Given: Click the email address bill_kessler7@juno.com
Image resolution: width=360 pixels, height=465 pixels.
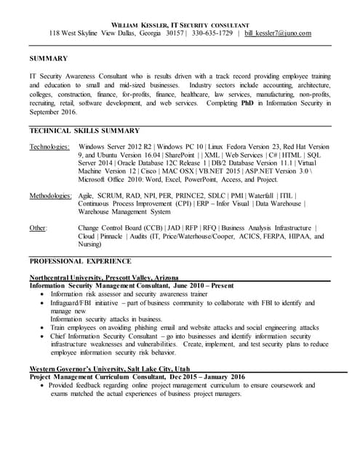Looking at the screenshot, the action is point(277,33).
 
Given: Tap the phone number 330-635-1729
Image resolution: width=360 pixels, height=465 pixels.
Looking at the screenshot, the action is point(212,33).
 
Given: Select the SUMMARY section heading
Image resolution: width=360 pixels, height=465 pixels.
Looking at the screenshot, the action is point(48,58).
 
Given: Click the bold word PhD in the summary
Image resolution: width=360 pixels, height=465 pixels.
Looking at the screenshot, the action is point(249,104).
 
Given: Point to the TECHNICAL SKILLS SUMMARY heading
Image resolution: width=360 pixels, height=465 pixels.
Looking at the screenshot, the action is point(84,131).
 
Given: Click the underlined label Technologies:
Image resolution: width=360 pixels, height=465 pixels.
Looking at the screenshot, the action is point(50,147).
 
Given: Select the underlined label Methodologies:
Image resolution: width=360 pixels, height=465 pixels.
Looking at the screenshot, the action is point(51,196).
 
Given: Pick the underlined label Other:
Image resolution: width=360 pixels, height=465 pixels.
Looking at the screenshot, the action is point(38,228).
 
